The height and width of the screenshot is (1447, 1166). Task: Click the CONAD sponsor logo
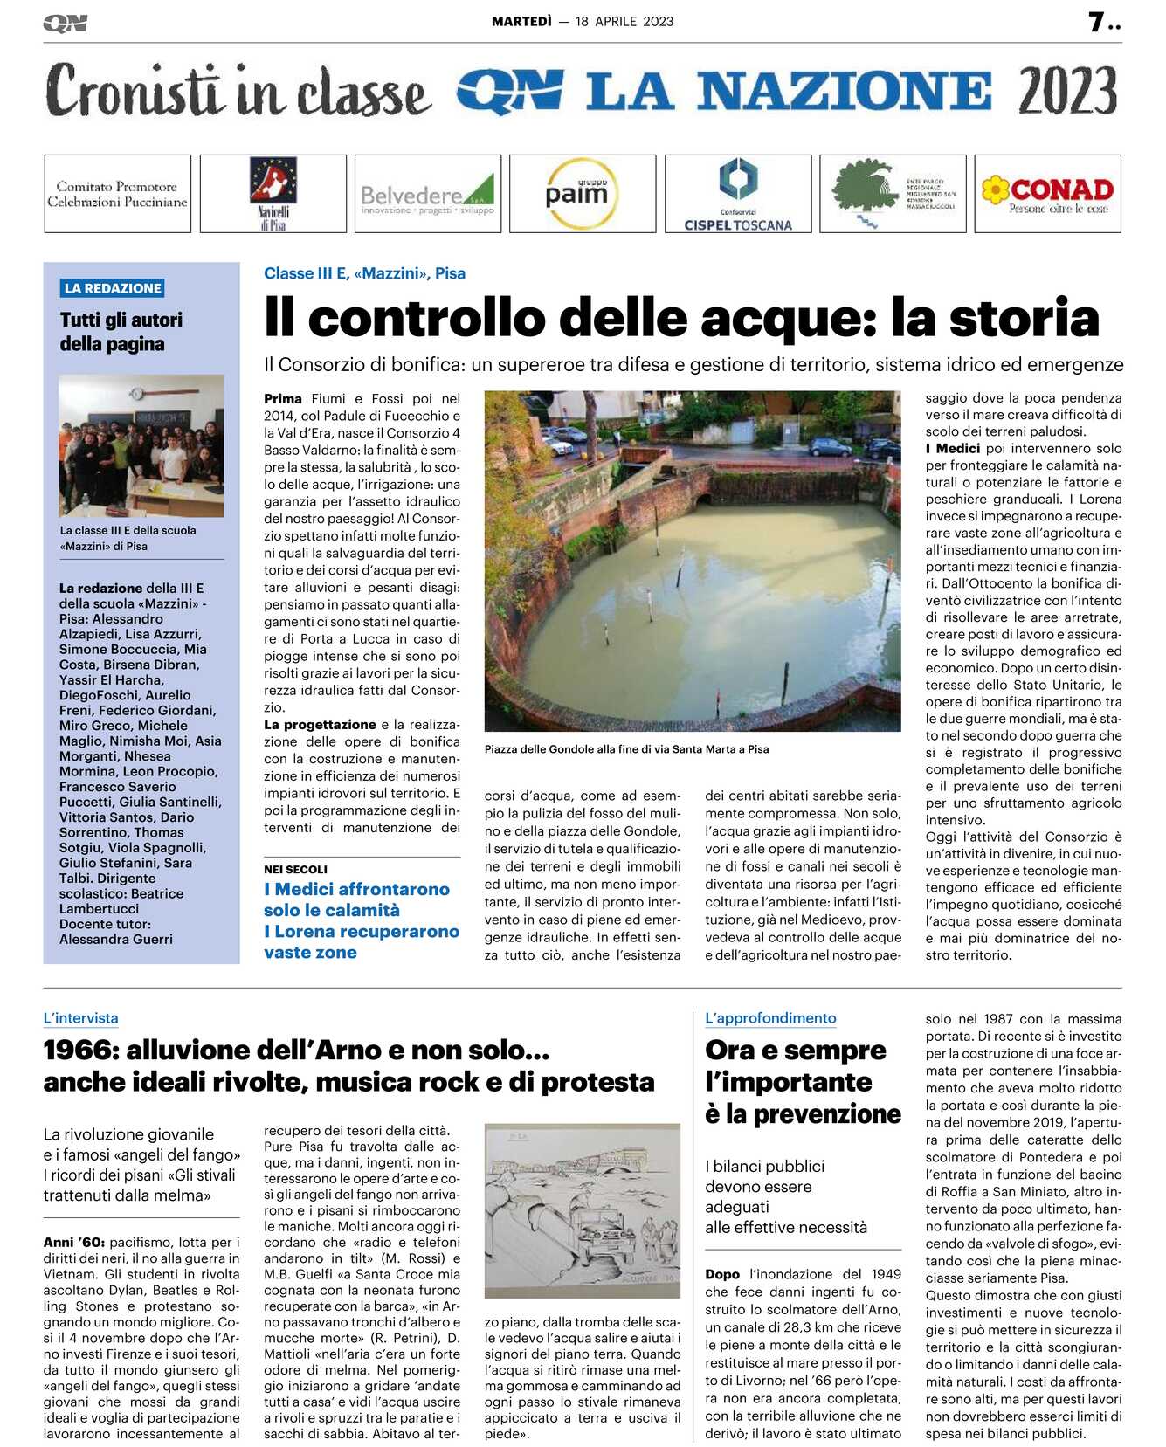tap(1047, 194)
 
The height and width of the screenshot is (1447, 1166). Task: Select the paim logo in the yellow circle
tap(576, 193)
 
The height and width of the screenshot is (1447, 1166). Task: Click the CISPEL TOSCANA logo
tap(738, 194)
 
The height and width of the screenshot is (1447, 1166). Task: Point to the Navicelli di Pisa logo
tap(273, 194)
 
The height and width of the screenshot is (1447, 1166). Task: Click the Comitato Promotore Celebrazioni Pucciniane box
tap(117, 194)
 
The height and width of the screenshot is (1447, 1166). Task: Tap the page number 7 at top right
tap(1097, 22)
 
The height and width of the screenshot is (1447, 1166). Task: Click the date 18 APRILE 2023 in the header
tap(624, 22)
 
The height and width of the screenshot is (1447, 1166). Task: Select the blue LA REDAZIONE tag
tap(113, 288)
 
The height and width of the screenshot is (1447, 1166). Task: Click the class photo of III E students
tap(141, 445)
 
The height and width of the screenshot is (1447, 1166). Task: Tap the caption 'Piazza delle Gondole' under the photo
tap(626, 749)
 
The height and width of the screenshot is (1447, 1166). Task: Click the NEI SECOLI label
tap(296, 870)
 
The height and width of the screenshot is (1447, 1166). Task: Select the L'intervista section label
tap(80, 1018)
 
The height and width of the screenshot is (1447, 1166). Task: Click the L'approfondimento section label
tap(770, 1018)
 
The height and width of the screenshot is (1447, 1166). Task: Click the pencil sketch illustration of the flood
tap(582, 1210)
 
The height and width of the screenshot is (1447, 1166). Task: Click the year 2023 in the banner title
tap(1067, 91)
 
